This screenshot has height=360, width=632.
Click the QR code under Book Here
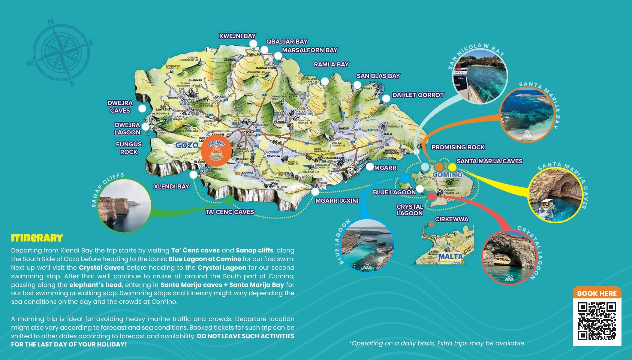click(597, 321)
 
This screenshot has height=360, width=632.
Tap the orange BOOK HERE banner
click(597, 293)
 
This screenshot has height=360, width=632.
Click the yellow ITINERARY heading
click(37, 238)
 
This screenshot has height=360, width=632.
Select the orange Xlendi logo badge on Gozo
click(216, 151)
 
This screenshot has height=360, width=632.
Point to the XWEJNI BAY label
click(237, 36)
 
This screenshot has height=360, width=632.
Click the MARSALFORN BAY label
click(310, 50)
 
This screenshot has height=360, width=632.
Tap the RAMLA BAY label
click(331, 64)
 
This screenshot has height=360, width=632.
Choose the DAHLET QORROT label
click(418, 95)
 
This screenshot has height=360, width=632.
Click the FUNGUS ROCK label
click(129, 148)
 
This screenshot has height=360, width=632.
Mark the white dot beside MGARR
click(370, 166)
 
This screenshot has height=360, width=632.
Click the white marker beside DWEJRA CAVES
click(142, 109)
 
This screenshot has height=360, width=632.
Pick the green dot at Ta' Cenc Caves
click(229, 201)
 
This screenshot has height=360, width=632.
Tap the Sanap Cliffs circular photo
click(124, 206)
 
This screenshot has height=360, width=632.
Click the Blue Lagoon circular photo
click(367, 245)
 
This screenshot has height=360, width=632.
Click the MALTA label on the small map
click(450, 256)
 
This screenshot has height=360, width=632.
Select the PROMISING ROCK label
click(458, 147)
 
